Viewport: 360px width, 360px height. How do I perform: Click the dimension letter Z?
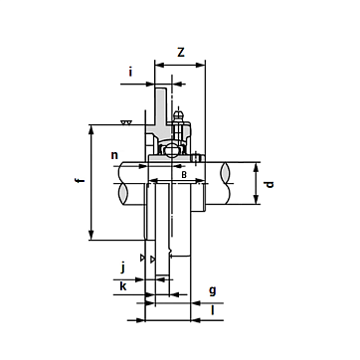[x=181, y=52]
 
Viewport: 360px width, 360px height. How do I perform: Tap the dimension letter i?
[x=130, y=72]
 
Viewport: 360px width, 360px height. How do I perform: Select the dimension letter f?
[x=80, y=181]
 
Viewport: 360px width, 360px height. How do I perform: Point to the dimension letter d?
[x=270, y=184]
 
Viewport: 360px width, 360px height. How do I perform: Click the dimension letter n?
[x=114, y=155]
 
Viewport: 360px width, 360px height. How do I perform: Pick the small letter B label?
[x=184, y=175]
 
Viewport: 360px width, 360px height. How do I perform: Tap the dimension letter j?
[x=123, y=268]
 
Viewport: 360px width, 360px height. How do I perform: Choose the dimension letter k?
[x=123, y=286]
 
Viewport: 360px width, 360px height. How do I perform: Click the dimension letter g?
[x=213, y=291]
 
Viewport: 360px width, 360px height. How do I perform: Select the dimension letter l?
[x=213, y=310]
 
